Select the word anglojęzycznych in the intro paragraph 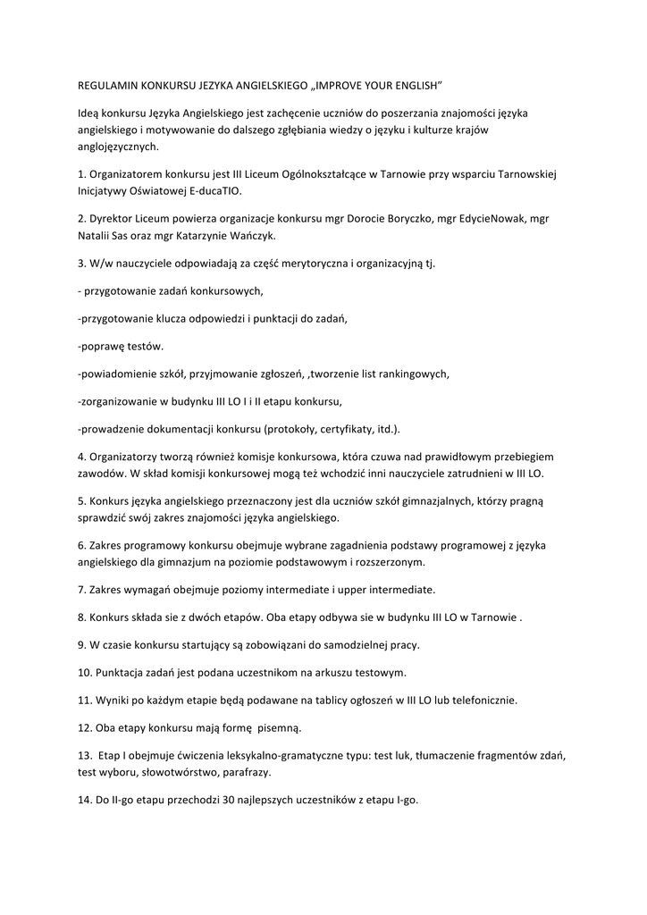tap(117, 147)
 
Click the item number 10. tap(84, 672)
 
